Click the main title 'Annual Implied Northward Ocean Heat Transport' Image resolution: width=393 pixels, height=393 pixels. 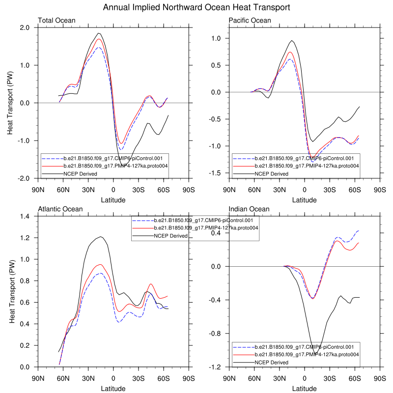point(196,8)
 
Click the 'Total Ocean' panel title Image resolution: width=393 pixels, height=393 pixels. point(56,20)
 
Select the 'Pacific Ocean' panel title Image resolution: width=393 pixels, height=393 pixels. point(250,20)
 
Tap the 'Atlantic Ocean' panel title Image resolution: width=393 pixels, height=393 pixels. point(60,209)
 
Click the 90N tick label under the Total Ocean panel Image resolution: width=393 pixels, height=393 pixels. point(38,189)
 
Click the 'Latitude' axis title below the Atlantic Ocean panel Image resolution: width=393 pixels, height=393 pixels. point(113,388)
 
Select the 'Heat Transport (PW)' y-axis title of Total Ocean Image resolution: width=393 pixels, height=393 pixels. point(11,103)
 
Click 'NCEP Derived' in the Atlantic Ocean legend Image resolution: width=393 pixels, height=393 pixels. point(170,236)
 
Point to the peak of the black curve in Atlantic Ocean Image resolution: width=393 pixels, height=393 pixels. point(101,237)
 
